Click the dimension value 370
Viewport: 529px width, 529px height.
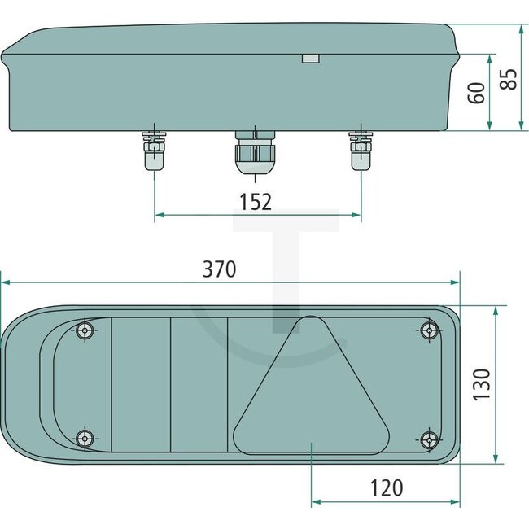click(x=220, y=269)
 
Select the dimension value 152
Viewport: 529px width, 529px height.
click(x=256, y=201)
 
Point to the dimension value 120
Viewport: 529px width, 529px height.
click(x=386, y=487)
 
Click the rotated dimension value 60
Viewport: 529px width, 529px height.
click(x=478, y=91)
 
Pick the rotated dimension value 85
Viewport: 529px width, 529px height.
click(x=509, y=80)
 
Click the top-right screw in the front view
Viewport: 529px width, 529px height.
click(x=429, y=330)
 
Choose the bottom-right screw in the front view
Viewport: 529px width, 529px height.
click(x=429, y=439)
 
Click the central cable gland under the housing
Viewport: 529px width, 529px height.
click(x=255, y=151)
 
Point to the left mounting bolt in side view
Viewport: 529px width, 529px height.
click(x=154, y=148)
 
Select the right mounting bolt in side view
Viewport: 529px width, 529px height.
click(x=360, y=148)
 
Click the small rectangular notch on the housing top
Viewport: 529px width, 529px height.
click(x=310, y=59)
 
